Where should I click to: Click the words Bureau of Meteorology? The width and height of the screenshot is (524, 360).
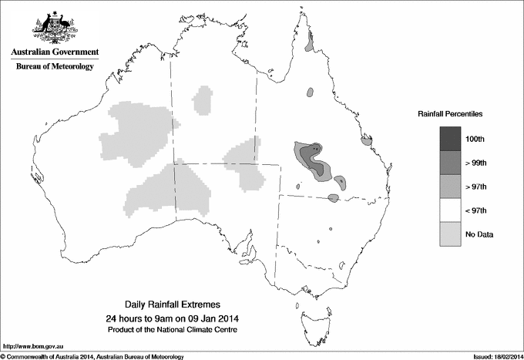point(55,67)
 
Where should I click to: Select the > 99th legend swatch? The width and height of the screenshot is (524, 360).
point(451,162)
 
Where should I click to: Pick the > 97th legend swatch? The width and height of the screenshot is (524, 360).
point(451,186)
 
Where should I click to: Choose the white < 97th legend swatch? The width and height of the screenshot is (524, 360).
point(451,210)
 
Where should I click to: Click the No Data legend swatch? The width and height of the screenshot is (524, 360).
point(451,234)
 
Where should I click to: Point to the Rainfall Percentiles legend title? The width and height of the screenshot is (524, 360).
point(450,113)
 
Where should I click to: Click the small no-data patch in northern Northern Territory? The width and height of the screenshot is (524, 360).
point(203,99)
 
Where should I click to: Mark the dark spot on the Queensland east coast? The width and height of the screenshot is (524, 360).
point(368,140)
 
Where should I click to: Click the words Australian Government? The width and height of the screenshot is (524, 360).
point(55,52)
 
